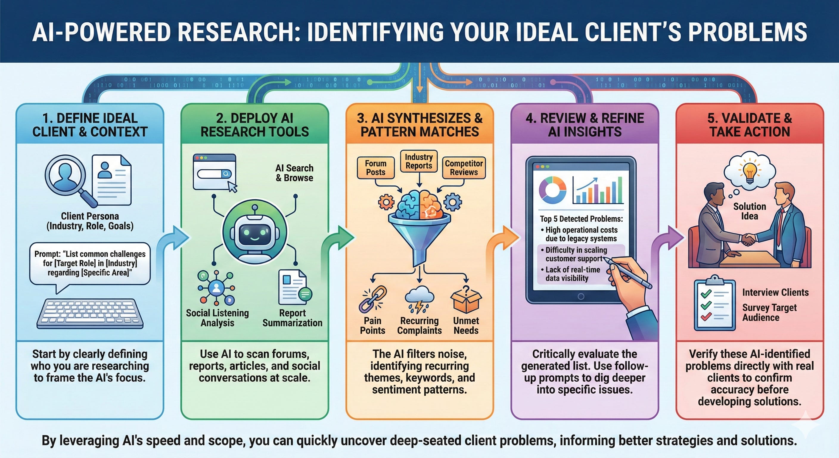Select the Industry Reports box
click(x=419, y=161)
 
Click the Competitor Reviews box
click(x=464, y=168)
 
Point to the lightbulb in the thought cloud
click(x=750, y=172)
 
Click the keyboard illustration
click(x=90, y=314)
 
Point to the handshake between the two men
click(x=748, y=240)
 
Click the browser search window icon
click(x=215, y=172)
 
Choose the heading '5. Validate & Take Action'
click(x=749, y=125)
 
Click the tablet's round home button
click(x=581, y=297)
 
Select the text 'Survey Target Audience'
click(x=769, y=312)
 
